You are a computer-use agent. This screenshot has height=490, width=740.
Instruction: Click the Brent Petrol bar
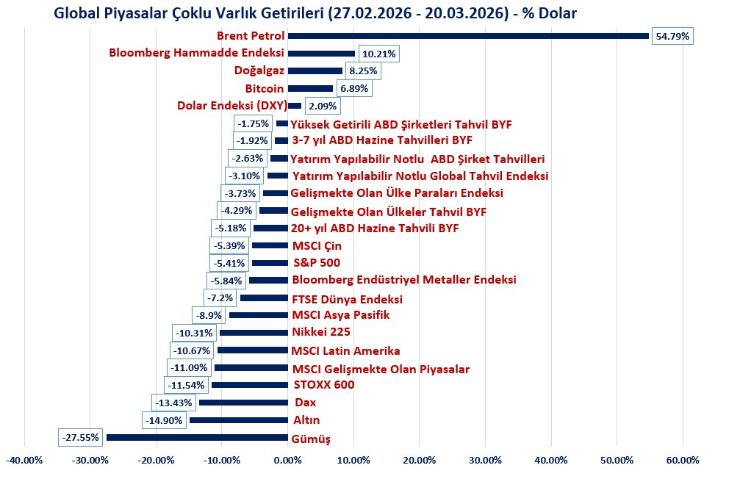(x=468, y=36)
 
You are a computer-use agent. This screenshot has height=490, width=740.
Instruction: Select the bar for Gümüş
(x=197, y=438)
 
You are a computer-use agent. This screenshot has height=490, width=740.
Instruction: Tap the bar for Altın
(x=238, y=420)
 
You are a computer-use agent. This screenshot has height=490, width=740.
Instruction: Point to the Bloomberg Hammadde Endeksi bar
(x=321, y=54)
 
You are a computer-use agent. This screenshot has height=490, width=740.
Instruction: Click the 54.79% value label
(x=673, y=36)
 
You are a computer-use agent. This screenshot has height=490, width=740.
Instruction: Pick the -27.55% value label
(x=79, y=438)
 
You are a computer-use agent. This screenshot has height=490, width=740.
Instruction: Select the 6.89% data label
(x=354, y=88)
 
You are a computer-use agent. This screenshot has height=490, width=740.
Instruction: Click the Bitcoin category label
(x=265, y=88)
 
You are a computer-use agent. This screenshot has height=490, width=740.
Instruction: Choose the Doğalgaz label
(x=259, y=71)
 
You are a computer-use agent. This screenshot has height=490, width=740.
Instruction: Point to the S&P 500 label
(x=316, y=263)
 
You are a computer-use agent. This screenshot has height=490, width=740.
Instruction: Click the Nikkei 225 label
(x=320, y=332)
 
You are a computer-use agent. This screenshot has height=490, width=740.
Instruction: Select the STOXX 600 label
(x=323, y=385)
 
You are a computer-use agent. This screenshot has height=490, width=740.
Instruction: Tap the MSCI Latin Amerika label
(x=345, y=350)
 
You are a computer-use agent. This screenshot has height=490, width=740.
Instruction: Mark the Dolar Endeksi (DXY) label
(x=231, y=105)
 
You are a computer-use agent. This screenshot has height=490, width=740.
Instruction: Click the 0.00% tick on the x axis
(x=287, y=461)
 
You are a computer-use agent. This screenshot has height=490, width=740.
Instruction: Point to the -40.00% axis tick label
(x=24, y=461)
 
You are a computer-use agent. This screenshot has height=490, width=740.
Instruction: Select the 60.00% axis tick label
(x=683, y=461)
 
